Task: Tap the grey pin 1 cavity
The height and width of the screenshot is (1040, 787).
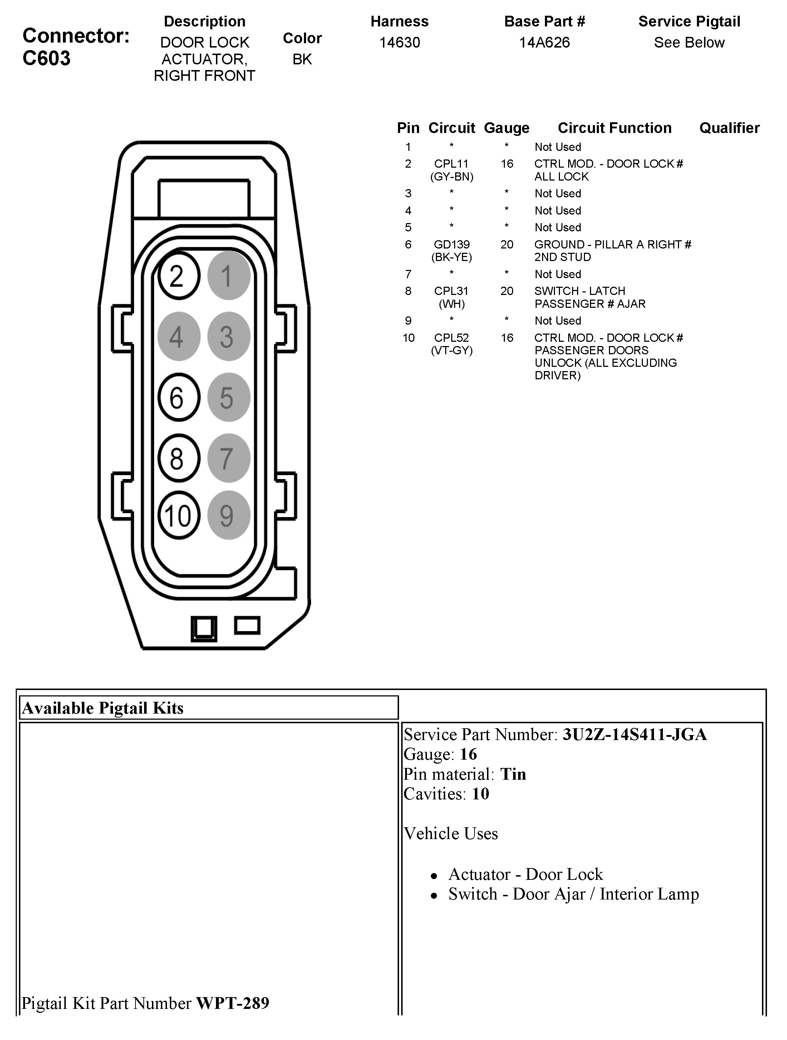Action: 228,276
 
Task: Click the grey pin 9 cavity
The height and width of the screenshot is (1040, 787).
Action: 228,515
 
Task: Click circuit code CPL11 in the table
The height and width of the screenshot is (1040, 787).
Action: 451,164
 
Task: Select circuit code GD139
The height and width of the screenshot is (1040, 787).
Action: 451,245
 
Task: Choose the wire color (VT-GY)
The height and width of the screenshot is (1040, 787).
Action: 451,351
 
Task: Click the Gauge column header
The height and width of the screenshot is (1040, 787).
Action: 506,128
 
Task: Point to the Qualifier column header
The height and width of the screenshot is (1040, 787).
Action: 729,128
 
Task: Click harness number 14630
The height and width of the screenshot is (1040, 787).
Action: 400,43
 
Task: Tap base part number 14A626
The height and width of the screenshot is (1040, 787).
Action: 545,43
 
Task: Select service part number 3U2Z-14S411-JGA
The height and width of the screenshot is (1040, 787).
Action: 635,734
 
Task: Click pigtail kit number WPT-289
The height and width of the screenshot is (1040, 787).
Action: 233,1003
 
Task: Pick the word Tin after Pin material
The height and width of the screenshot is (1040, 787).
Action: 513,774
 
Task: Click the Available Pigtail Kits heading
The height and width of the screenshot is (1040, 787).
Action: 103,708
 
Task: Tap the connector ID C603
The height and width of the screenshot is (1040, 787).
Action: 46,58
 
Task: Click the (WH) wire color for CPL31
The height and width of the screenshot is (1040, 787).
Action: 451,304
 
